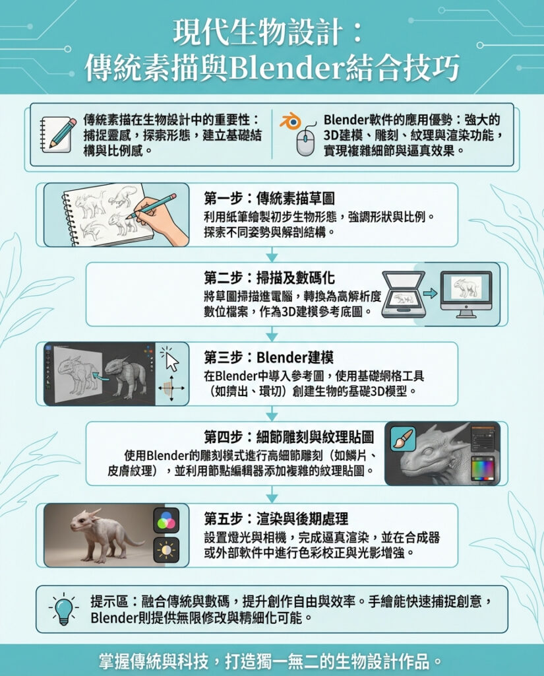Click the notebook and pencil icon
coord(57,134)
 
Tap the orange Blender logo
coord(291,121)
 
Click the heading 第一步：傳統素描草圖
coord(269,198)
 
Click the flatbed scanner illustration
coord(404,294)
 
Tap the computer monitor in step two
coord(466,294)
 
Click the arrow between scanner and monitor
coord(431,294)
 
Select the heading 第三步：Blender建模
coord(269,357)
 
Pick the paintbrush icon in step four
coord(403,439)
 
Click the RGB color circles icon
coord(166,520)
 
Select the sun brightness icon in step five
coord(166,550)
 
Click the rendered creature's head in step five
coord(84,520)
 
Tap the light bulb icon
coord(64,609)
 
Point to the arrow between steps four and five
coord(272,494)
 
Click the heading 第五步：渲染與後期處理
coord(276,518)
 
